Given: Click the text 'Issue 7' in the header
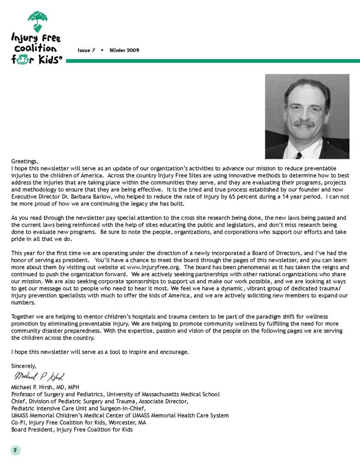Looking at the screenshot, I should [86, 50].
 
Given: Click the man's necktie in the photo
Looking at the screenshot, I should [298, 155].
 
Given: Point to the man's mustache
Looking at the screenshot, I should [304, 124].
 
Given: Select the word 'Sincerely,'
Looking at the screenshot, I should [24, 366].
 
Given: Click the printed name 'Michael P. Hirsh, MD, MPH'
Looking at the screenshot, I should [45, 387].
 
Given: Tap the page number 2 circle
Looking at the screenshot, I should [15, 450].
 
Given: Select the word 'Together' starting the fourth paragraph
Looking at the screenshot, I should [23, 317].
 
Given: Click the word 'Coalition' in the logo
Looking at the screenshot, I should [35, 48].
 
